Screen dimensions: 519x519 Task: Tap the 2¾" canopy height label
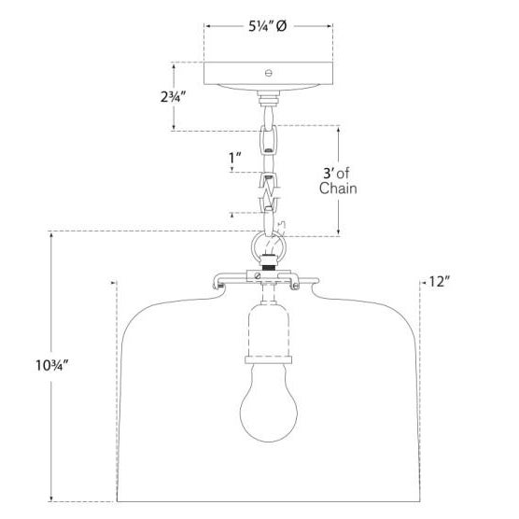coord(173,97)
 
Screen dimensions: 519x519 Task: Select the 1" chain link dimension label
coord(235,158)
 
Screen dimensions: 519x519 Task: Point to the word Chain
coord(338,189)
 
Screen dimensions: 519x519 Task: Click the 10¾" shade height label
coord(52,365)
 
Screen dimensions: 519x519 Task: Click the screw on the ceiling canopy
coord(269,73)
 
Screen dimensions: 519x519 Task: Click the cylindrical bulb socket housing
coord(269,330)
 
